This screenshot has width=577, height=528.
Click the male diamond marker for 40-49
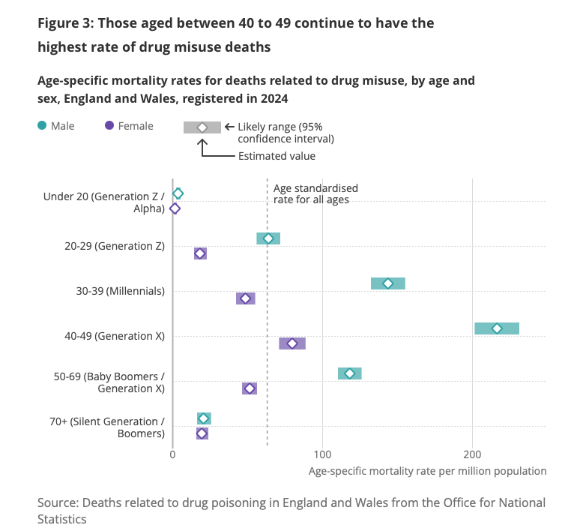(x=497, y=328)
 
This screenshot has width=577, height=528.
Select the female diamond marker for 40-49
(x=292, y=343)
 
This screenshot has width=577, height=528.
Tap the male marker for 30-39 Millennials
(x=388, y=283)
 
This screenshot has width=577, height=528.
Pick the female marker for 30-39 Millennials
(x=245, y=298)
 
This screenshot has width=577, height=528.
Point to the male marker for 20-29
(x=268, y=238)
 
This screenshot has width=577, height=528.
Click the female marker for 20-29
(x=200, y=253)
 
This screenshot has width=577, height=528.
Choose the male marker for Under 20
(x=178, y=193)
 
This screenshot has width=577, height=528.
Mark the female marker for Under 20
(x=175, y=208)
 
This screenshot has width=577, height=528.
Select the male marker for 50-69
(x=349, y=373)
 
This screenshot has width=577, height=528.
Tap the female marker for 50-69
(x=250, y=388)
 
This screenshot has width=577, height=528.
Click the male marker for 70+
(x=204, y=418)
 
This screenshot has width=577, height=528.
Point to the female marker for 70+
(x=202, y=433)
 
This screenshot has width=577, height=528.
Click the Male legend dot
(x=42, y=126)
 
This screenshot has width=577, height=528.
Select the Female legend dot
(x=109, y=126)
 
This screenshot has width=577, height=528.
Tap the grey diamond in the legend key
(x=202, y=127)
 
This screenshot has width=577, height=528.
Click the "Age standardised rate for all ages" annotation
(x=315, y=193)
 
